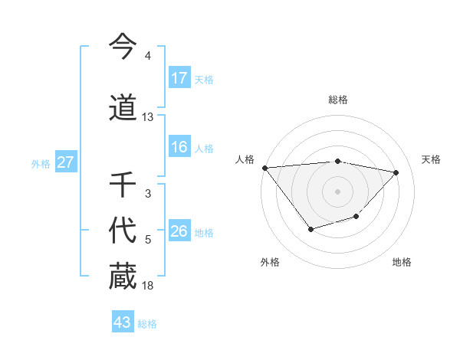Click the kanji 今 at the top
point(123,47)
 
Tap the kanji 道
point(123,108)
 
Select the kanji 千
point(123,186)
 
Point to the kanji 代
point(123,231)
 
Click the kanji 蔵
point(123,277)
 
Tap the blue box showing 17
point(179,77)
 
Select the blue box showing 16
point(179,148)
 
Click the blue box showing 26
point(179,231)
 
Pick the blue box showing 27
point(65,162)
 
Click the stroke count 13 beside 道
point(148,117)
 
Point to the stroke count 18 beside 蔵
point(148,286)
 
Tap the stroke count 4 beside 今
point(148,56)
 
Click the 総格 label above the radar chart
point(337,100)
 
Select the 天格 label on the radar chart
point(431,159)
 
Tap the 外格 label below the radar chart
point(270,262)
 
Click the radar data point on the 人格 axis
point(264,168)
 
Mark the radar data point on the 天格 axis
point(396,172)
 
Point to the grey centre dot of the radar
point(337,191)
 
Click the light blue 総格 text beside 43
point(147,324)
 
